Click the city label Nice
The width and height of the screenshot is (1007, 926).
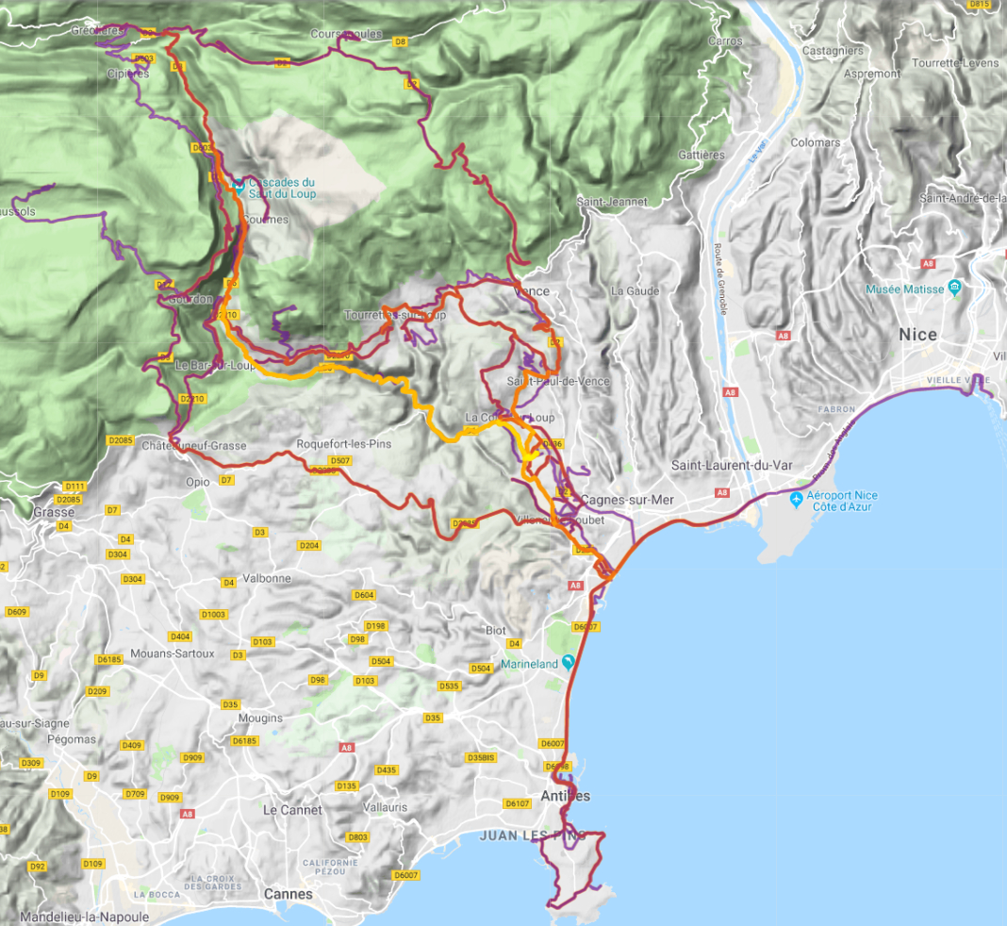[917, 335]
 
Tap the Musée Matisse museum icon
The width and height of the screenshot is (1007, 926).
[955, 286]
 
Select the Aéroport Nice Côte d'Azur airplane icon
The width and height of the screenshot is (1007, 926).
[797, 498]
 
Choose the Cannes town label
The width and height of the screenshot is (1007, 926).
[288, 893]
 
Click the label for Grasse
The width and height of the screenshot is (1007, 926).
[53, 512]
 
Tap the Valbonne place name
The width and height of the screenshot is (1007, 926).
[267, 578]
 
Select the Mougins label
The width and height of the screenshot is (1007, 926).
[260, 718]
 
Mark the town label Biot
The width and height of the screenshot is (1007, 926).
[495, 630]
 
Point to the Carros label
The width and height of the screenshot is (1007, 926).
[725, 41]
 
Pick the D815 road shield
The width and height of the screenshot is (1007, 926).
[980, 5]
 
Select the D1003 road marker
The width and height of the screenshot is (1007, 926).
[214, 615]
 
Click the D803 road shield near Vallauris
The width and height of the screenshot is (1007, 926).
[357, 837]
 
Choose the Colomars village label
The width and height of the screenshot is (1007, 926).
[816, 142]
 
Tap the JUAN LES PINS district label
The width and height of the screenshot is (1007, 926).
[533, 835]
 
